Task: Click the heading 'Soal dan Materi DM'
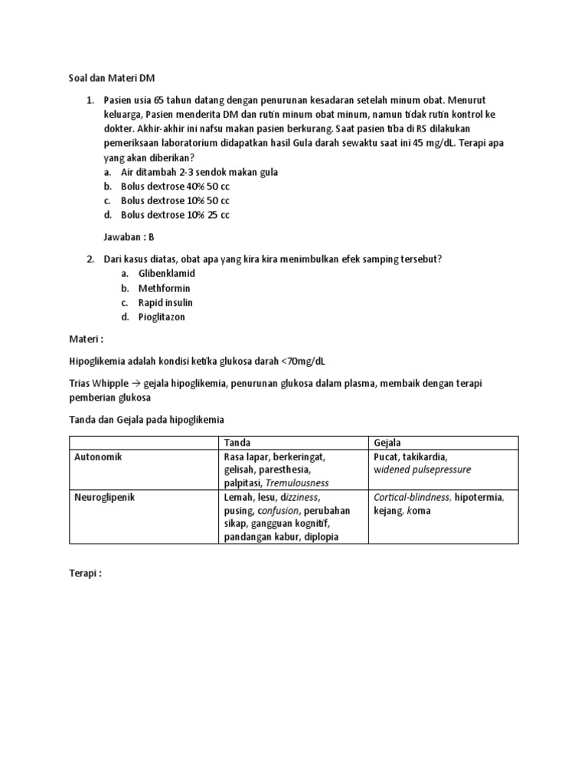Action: pyautogui.click(x=112, y=77)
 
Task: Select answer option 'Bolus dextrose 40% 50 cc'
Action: pyautogui.click(x=175, y=187)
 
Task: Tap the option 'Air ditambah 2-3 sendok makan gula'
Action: pyautogui.click(x=199, y=172)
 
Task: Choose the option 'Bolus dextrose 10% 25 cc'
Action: pyautogui.click(x=175, y=215)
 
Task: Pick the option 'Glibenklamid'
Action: pyautogui.click(x=166, y=274)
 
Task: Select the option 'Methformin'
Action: pyautogui.click(x=164, y=288)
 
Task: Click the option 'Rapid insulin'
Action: pyautogui.click(x=165, y=303)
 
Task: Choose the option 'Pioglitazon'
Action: pyautogui.click(x=162, y=317)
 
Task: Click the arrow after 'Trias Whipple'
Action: pyautogui.click(x=136, y=383)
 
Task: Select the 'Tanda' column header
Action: pyautogui.click(x=237, y=443)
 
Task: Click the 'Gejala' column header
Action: pyautogui.click(x=387, y=443)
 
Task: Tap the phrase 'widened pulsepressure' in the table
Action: pyautogui.click(x=422, y=469)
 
